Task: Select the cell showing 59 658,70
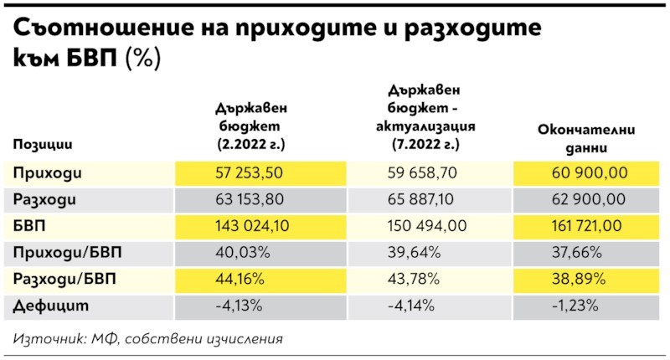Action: point(421,173)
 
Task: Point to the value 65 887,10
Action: point(421,200)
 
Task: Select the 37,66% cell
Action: point(574,253)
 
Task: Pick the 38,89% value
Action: point(574,280)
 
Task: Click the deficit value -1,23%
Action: point(574,306)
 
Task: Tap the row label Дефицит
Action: point(51,306)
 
